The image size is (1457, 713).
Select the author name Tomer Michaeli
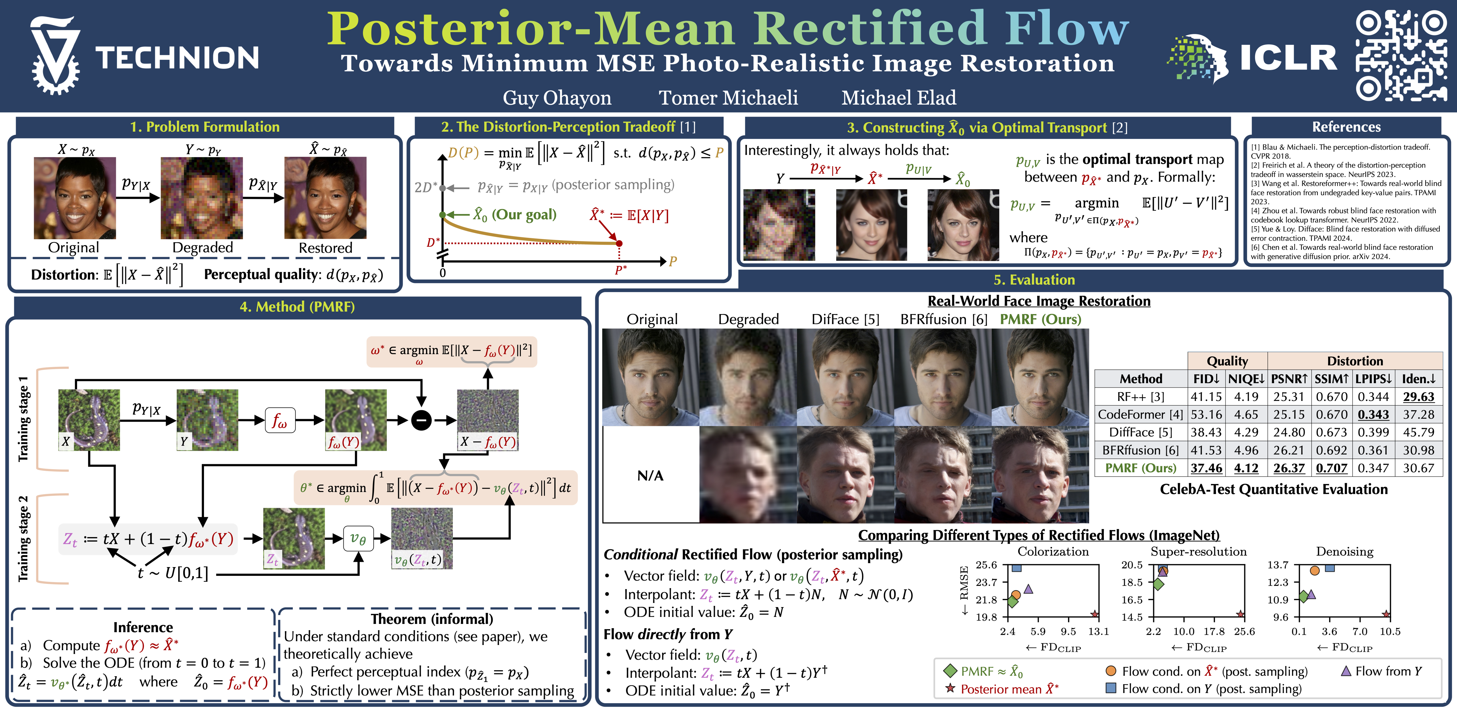pyautogui.click(x=728, y=98)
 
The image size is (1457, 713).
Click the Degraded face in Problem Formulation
pyautogui.click(x=202, y=198)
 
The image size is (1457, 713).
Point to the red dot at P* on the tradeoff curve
pyautogui.click(x=619, y=243)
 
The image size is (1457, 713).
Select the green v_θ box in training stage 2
pyautogui.click(x=358, y=538)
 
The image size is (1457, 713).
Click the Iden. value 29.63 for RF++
pyautogui.click(x=1419, y=397)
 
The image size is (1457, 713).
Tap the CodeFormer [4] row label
pyautogui.click(x=1140, y=415)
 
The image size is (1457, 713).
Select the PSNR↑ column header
pyautogui.click(x=1289, y=379)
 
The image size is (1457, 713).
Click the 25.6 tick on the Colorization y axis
pyautogui.click(x=986, y=565)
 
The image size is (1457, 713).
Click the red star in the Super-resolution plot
pyautogui.click(x=1240, y=614)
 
